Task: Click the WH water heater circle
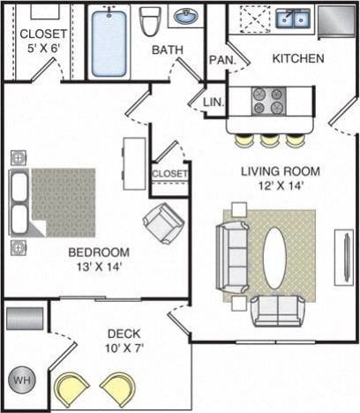[22, 383]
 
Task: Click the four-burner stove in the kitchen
[269, 101]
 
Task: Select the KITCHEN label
[298, 59]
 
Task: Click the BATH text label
[167, 50]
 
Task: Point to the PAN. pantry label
[221, 60]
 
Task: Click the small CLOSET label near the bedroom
[169, 174]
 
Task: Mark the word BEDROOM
[100, 252]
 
